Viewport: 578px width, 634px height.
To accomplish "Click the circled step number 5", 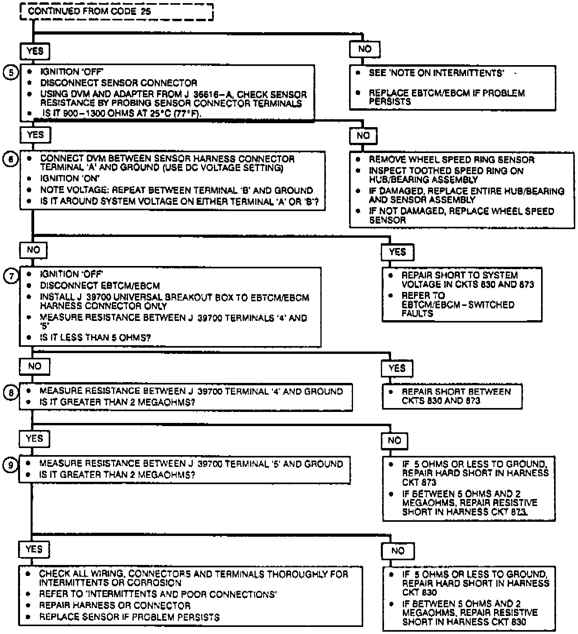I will click(x=11, y=73).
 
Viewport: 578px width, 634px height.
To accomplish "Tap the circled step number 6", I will click(x=11, y=159).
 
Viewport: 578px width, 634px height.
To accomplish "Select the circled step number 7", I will click(x=11, y=276).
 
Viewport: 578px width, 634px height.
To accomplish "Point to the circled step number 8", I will click(x=11, y=393).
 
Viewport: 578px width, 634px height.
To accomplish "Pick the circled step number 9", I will click(x=11, y=465).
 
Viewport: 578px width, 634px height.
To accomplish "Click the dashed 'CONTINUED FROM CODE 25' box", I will click(x=117, y=11).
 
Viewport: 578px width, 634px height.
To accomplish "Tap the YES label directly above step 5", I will click(x=35, y=51).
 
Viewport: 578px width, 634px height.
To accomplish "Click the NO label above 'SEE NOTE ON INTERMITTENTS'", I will click(x=365, y=49).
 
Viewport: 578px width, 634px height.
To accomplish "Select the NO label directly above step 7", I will click(x=33, y=250).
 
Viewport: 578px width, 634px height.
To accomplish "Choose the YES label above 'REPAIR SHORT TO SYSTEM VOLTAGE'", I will click(x=397, y=252).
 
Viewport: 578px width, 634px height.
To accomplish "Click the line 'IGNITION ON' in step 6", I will click(x=70, y=179).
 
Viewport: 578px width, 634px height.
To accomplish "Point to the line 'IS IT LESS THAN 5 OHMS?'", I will click(x=95, y=338).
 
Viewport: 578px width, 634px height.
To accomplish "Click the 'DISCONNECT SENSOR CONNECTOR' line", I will click(x=118, y=83).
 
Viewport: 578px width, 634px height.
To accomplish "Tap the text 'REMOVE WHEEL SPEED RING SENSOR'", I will click(x=451, y=160).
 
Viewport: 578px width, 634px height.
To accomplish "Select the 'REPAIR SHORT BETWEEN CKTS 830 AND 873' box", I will click(x=452, y=396).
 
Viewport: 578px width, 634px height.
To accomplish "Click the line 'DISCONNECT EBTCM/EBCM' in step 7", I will click(x=100, y=286).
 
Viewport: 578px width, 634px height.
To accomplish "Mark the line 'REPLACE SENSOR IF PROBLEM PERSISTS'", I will click(x=129, y=617).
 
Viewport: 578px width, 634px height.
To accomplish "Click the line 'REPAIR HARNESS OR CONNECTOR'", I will click(x=115, y=605).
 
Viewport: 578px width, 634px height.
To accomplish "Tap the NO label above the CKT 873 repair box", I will click(x=394, y=441).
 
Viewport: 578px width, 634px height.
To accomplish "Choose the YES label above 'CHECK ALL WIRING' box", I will click(x=34, y=549).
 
